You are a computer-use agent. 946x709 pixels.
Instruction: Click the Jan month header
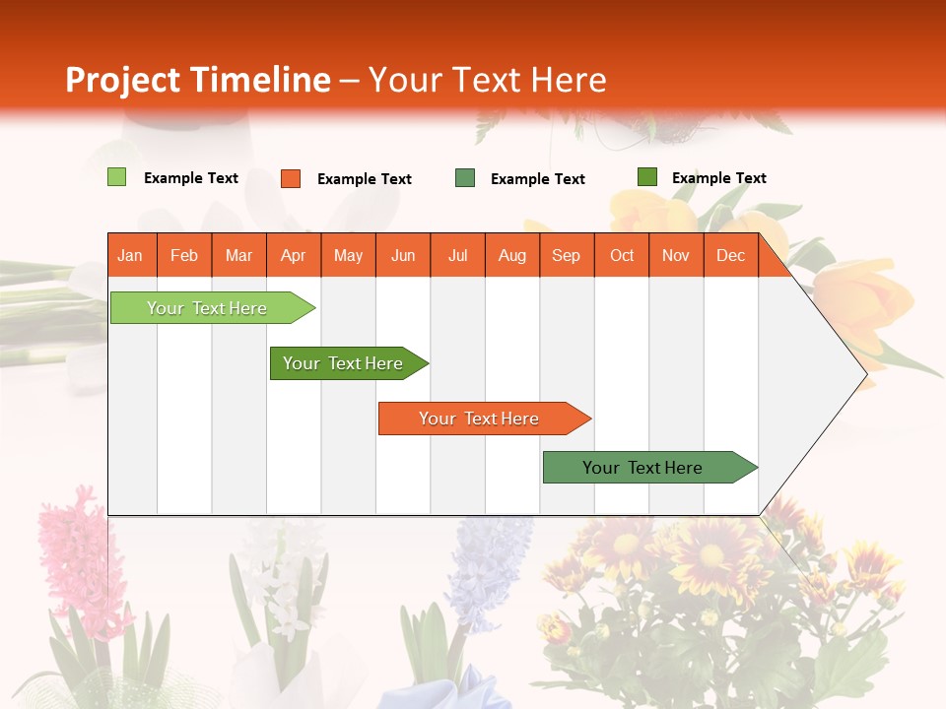[131, 255]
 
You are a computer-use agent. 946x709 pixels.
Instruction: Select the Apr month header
[294, 255]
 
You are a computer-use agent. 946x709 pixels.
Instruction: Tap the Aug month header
[511, 255]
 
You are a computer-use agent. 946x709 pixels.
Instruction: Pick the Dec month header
[730, 255]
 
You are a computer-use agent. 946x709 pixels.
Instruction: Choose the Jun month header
[403, 255]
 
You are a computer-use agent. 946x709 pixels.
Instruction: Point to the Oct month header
[621, 255]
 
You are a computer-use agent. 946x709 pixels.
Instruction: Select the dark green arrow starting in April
[345, 363]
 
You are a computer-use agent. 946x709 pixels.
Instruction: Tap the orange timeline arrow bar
[481, 419]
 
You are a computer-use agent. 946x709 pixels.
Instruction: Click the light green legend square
[116, 177]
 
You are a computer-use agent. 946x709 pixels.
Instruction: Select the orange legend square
[291, 178]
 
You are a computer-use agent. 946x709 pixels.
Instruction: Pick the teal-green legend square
[465, 178]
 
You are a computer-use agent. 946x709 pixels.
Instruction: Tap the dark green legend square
[646, 177]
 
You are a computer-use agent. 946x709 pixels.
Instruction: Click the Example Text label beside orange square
[364, 179]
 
